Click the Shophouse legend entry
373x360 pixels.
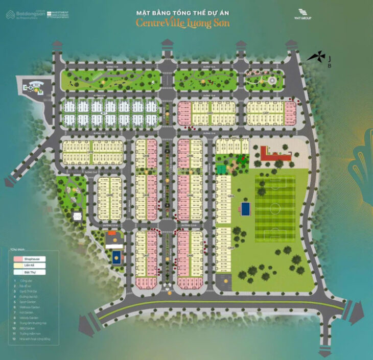pyautogui.click(x=29, y=259)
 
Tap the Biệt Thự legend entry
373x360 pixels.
pyautogui.click(x=29, y=273)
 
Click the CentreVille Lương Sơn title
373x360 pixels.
pyautogui.click(x=182, y=23)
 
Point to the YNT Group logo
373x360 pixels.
pyautogui.click(x=306, y=14)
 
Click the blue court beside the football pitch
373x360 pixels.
pyautogui.click(x=245, y=208)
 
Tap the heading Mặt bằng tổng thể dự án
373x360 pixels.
pyautogui.click(x=182, y=12)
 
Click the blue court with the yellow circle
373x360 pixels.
pyautogui.click(x=116, y=255)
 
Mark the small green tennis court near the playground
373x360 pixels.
pyautogui.click(x=221, y=169)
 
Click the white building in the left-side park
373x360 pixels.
pyautogui.click(x=77, y=216)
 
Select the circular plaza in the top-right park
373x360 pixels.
pyautogui.click(x=272, y=80)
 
